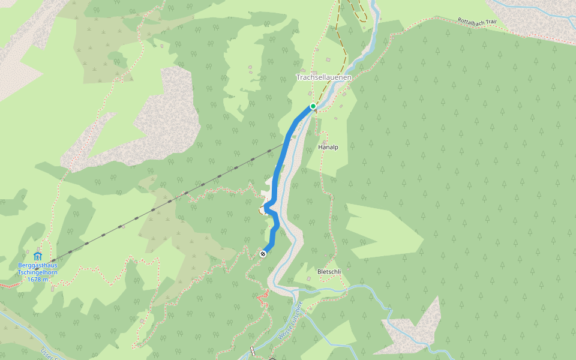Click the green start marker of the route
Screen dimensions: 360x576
point(313,106)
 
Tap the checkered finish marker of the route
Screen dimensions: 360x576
point(263,254)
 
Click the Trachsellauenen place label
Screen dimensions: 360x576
point(323,77)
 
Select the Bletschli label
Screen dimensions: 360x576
point(329,272)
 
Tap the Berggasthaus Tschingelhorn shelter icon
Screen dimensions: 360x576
point(38,256)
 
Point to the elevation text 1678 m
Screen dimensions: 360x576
point(38,279)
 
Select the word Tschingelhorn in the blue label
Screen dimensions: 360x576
point(38,272)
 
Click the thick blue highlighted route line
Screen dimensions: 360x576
point(277,174)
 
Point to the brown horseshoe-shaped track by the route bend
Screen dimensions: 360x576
point(262,209)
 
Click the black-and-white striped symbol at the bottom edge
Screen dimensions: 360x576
point(253,350)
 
